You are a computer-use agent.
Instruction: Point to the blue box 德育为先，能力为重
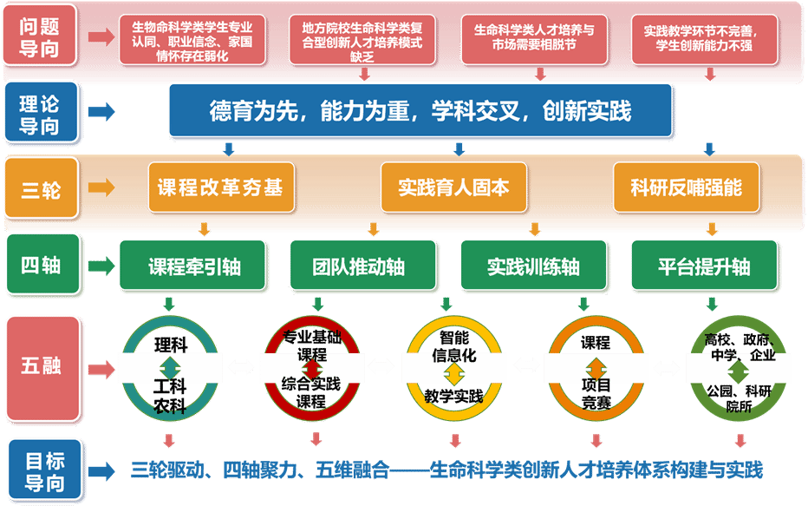click(x=420, y=111)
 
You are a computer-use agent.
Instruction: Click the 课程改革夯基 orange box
click(x=220, y=187)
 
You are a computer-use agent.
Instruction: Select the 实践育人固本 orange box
click(x=454, y=187)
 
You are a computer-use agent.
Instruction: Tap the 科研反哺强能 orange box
click(x=686, y=187)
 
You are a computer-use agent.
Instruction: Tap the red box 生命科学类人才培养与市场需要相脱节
click(x=535, y=37)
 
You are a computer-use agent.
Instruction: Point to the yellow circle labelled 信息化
click(x=453, y=366)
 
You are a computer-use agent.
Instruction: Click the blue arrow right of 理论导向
click(x=102, y=112)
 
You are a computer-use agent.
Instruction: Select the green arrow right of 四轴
click(x=101, y=266)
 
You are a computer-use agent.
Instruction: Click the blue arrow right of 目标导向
click(x=102, y=471)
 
